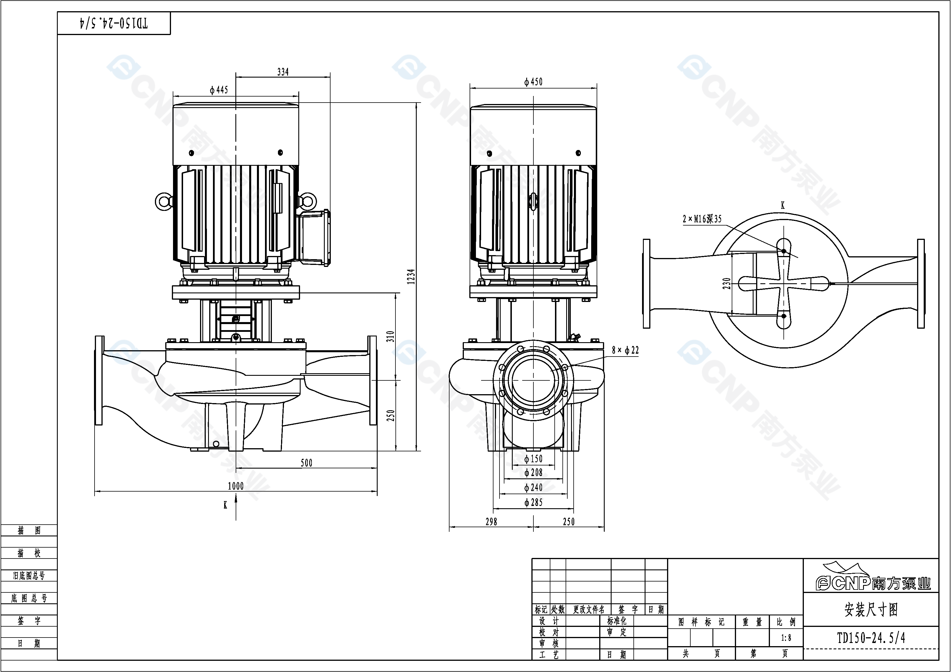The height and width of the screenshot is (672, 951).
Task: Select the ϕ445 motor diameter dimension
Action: coord(219,90)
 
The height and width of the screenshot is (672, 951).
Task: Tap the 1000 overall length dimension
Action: coord(236,486)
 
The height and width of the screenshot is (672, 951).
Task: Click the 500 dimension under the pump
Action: coord(306,463)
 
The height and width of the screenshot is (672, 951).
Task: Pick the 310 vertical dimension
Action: coord(390,336)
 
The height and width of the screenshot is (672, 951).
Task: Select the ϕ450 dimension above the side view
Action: coord(533,82)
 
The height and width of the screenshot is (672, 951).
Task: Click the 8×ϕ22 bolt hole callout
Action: coord(625,350)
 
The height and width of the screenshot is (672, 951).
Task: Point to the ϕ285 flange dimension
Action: coord(533,502)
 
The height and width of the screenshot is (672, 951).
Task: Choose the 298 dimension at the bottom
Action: coord(491,522)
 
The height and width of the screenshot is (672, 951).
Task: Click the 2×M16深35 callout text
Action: coord(702,219)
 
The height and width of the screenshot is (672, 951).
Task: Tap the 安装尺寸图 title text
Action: coord(871,609)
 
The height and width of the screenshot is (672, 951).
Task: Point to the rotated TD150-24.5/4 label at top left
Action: coord(114,23)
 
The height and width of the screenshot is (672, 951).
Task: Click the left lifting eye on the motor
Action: coord(163,202)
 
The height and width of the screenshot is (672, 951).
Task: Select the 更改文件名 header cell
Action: coord(589,609)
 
